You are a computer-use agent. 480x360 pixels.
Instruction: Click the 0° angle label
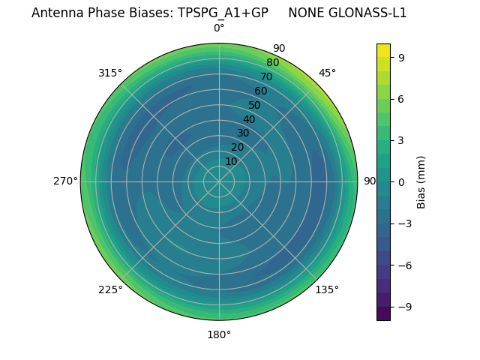pyautogui.click(x=219, y=28)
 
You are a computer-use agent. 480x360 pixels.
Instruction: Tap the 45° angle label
pyautogui.click(x=327, y=73)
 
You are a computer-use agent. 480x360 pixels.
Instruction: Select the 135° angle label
pyautogui.click(x=327, y=289)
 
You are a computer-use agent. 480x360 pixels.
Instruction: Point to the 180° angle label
pyautogui.click(x=219, y=334)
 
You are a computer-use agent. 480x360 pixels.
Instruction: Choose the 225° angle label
pyautogui.click(x=110, y=289)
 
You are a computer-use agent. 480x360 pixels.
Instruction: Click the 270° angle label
pyautogui.click(x=66, y=181)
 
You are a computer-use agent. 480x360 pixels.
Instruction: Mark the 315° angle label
pyautogui.click(x=110, y=73)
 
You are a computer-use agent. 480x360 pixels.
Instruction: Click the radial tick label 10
pyautogui.click(x=231, y=161)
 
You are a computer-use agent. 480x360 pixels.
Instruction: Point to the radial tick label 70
pyautogui.click(x=266, y=76)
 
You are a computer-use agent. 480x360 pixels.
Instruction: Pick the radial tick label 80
pyautogui.click(x=272, y=63)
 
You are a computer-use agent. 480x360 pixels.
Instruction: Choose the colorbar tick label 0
pyautogui.click(x=402, y=181)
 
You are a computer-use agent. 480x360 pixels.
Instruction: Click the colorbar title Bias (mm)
pyautogui.click(x=421, y=181)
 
